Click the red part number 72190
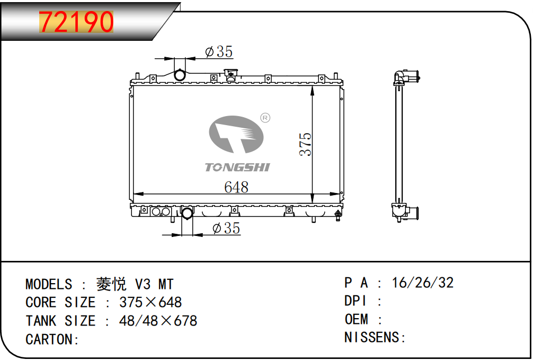[x=76, y=22]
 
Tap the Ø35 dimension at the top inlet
[x=219, y=52]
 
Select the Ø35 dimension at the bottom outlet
[x=226, y=228]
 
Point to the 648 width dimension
[x=236, y=187]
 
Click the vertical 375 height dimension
[x=305, y=144]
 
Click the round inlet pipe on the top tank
[x=180, y=75]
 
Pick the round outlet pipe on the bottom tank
[x=188, y=213]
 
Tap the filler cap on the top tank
[x=230, y=75]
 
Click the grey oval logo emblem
[x=236, y=135]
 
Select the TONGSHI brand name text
[x=237, y=168]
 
